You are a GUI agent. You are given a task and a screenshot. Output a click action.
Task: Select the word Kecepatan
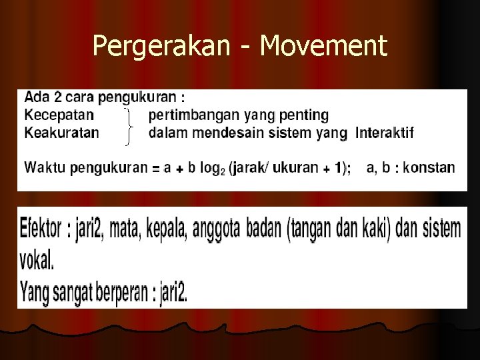click(59, 115)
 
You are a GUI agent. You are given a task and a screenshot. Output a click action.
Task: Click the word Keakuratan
click(61, 132)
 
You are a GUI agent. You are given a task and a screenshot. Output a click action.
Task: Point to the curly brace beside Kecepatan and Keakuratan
click(129, 125)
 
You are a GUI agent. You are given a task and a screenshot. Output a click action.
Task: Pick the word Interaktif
click(385, 132)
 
